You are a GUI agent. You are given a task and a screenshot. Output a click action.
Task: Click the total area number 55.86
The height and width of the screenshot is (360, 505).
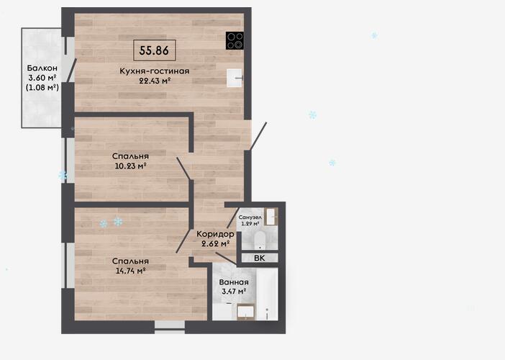[x=154, y=50]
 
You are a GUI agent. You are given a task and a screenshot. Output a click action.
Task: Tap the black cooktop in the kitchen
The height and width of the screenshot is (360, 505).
[x=235, y=40]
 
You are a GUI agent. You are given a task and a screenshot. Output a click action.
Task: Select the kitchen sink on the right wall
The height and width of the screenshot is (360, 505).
[x=234, y=78]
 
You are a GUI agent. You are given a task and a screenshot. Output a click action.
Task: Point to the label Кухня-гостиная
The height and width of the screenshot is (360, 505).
[x=154, y=71]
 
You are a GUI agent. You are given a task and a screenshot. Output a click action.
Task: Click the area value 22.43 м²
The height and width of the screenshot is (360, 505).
[x=154, y=81]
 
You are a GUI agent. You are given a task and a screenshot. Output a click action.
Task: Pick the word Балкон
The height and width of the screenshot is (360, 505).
[x=42, y=68]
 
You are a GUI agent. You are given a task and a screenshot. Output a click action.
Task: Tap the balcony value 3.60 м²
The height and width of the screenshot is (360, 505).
[x=42, y=77]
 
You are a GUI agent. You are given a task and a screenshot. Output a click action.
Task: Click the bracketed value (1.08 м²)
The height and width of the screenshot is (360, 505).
[x=42, y=87]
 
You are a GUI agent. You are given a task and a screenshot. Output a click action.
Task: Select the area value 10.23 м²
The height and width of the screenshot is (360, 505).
[x=130, y=166]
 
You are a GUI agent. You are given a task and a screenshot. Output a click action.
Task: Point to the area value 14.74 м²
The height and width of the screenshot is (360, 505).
[x=130, y=271]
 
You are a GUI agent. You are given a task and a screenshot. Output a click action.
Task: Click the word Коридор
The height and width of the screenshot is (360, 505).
[x=215, y=234]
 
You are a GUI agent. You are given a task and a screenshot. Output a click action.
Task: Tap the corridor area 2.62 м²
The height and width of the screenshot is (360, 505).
[x=215, y=243]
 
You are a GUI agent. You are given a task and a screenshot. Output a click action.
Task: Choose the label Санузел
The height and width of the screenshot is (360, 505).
[x=250, y=217]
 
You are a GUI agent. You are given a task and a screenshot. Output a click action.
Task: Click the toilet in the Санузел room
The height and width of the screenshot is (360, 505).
[x=260, y=240]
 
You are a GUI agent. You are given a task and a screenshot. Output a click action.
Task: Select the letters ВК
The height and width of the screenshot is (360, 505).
[x=259, y=258]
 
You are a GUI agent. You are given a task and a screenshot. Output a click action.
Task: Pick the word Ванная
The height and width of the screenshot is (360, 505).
[x=234, y=282]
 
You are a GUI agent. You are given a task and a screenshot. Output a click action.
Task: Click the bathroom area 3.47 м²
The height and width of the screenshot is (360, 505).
[x=234, y=292]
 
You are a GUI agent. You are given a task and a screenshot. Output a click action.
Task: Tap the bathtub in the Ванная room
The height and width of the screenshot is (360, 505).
[x=267, y=294]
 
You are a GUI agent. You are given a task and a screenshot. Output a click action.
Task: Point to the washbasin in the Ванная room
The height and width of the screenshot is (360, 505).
[x=246, y=312]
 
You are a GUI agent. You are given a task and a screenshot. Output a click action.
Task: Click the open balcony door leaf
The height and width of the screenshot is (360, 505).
[x=71, y=70]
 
